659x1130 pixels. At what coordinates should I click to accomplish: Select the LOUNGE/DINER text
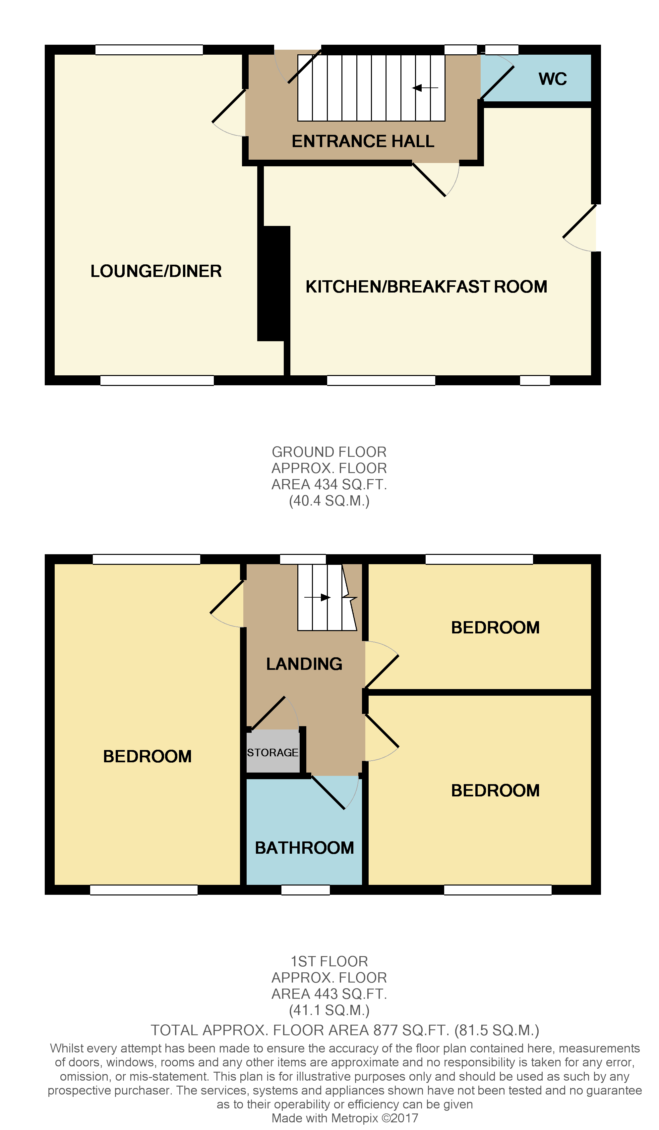point(156,271)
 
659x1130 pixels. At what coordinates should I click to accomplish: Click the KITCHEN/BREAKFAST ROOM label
point(426,287)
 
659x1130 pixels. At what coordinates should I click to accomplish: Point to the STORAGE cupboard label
point(272,752)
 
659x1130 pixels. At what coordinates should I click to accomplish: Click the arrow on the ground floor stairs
point(424,88)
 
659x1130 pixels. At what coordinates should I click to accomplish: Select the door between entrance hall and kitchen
point(431,179)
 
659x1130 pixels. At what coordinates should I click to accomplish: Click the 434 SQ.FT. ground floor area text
point(329,484)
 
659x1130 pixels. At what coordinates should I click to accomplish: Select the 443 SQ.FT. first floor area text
point(329,994)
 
